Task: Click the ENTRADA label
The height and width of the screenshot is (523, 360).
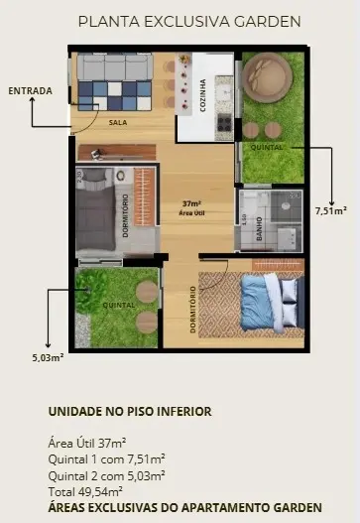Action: [31, 90]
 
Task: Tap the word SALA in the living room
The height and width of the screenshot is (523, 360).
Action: [118, 122]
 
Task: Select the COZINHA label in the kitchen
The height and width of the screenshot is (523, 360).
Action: [202, 95]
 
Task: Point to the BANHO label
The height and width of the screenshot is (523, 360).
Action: [259, 228]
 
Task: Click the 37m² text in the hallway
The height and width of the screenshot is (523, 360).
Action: [191, 203]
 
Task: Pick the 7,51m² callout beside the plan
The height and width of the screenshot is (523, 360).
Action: [331, 210]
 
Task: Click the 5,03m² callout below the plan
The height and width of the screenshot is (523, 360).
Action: [48, 357]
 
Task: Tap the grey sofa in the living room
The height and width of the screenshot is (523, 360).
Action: [115, 67]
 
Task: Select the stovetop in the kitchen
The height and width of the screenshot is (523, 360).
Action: [224, 122]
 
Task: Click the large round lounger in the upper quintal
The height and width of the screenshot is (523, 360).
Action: [268, 77]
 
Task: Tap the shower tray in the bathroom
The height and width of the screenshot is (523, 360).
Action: [286, 206]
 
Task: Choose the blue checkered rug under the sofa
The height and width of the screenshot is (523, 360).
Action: [115, 95]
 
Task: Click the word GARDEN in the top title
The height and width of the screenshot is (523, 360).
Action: [268, 22]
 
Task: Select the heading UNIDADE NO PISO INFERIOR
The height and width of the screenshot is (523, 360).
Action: [130, 411]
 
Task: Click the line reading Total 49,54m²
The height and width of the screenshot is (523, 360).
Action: [85, 491]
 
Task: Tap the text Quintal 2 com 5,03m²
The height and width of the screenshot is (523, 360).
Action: [107, 475]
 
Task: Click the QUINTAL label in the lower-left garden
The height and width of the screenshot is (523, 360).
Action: [119, 306]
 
